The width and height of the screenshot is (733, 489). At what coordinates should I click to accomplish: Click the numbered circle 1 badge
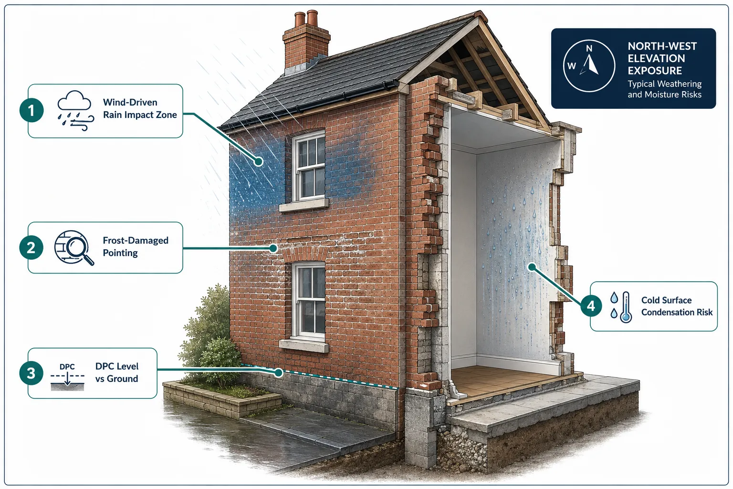[31, 110]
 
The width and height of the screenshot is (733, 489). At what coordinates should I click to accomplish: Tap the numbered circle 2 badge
[31, 248]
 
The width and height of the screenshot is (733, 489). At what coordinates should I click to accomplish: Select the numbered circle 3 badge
[31, 373]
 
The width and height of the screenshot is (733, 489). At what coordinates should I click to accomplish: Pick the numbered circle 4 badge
[591, 306]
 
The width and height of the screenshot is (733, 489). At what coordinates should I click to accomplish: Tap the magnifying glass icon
[74, 248]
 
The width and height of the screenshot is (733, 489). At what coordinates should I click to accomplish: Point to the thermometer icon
[625, 307]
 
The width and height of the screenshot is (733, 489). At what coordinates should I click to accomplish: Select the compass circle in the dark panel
[589, 66]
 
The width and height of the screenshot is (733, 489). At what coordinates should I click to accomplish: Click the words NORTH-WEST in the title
[662, 46]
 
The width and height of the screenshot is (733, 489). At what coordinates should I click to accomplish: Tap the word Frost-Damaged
[136, 240]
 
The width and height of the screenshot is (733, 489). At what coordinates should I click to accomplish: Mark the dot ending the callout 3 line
[279, 372]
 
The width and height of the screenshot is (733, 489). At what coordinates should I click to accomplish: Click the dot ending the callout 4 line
[532, 267]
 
